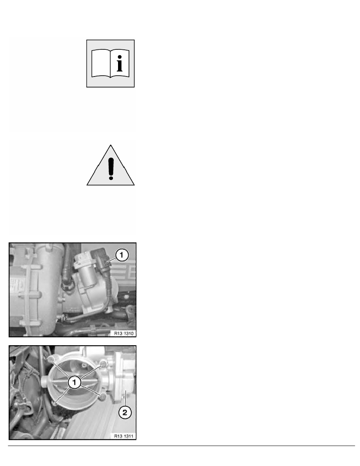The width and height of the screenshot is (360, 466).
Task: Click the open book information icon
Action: pos(110,63)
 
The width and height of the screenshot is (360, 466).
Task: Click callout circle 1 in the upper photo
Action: pos(121,255)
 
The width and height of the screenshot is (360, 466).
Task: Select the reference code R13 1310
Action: pos(123,333)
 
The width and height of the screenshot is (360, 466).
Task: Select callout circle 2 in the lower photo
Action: pos(124,412)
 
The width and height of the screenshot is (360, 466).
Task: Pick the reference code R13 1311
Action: pos(123,435)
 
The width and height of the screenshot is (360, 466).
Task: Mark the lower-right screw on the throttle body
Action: pos(103,397)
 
